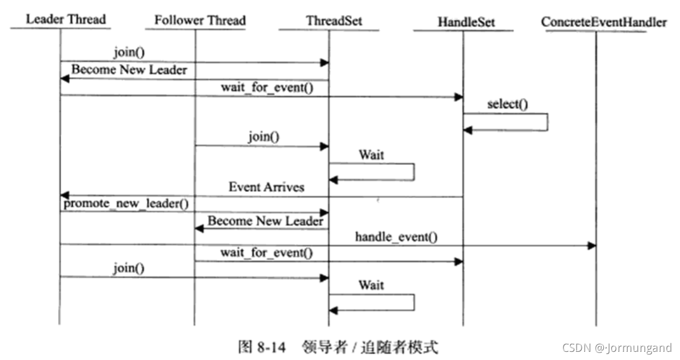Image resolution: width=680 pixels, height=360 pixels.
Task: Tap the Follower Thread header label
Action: pos(200,20)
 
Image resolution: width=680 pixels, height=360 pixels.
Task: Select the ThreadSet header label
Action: pos(334,21)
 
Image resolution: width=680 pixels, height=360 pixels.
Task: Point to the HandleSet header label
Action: pos(467,22)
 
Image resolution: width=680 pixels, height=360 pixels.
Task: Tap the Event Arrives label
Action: pos(266,187)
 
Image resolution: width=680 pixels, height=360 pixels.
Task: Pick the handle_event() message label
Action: pos(396,237)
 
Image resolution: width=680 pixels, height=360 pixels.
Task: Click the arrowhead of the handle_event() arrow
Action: pos(592,245)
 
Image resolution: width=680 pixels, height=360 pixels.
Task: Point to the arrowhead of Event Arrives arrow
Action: pos(65,196)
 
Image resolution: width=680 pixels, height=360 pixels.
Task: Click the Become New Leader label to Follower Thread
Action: pos(266,221)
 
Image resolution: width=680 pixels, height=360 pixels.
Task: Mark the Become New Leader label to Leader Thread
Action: pos(129,70)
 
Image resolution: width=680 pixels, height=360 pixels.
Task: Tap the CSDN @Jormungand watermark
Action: pos(617,348)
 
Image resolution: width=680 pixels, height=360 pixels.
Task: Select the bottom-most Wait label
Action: pos(371,285)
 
